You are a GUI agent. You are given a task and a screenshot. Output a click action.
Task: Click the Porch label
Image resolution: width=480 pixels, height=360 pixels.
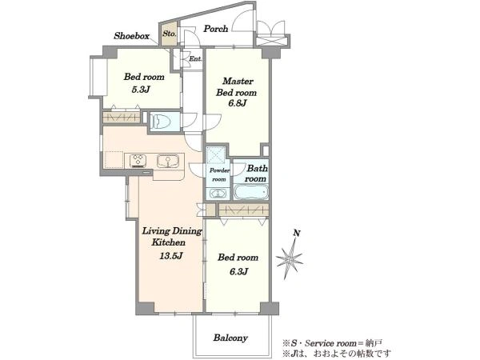coord(216,29)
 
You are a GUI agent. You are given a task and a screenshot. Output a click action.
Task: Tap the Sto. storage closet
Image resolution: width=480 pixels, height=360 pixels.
coord(170,34)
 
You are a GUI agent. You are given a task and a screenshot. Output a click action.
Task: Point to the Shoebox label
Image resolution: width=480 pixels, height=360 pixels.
coord(132,36)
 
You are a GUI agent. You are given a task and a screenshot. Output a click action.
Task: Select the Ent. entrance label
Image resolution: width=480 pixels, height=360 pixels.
coord(195,58)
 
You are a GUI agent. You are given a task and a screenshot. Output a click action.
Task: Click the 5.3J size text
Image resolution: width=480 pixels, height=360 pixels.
coord(141,90)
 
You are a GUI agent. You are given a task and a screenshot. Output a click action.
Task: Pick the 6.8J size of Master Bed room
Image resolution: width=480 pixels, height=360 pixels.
coord(238,103)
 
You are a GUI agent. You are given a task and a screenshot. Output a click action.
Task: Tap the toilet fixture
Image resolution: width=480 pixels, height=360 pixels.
coord(161,122)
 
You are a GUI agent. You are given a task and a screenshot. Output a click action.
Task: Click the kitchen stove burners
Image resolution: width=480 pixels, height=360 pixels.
coord(138,161)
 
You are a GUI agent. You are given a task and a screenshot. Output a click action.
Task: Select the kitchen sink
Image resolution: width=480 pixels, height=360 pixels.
coord(168,161)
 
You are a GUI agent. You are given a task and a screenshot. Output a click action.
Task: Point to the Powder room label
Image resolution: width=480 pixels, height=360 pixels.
coord(219,174)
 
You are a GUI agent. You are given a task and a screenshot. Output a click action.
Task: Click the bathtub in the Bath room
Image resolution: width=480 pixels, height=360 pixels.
coord(251,192)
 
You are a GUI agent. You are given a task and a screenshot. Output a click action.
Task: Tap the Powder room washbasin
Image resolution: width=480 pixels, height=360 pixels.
coord(218,194)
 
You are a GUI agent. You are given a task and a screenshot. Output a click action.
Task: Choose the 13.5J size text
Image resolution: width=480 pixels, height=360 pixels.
coord(171,256)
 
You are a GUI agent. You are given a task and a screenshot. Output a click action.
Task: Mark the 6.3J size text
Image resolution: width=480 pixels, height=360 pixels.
coord(238,271)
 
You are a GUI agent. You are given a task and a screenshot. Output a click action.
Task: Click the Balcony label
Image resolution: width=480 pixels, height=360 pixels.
coord(230,338)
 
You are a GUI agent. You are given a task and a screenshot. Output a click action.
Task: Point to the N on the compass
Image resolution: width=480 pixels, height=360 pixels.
coord(296,234)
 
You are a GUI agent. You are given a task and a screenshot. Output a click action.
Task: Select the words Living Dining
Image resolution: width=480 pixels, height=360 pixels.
coord(172,231)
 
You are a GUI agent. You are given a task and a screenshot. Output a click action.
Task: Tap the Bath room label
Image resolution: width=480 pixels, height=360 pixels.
coord(256,174)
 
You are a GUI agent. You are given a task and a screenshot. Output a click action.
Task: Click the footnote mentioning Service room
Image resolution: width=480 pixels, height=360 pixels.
coord(332,343)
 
